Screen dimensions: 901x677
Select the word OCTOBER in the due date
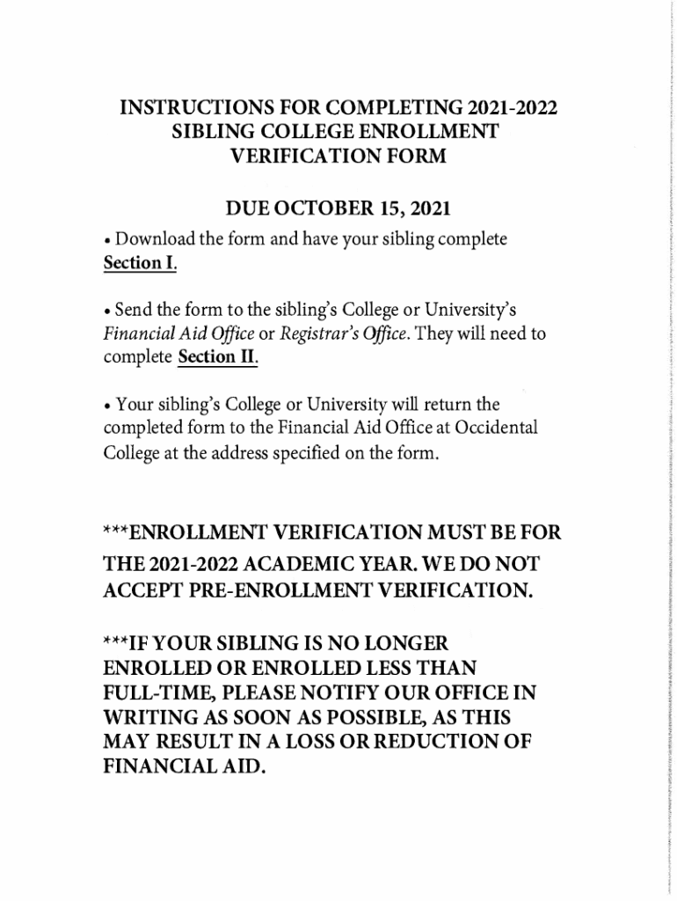324,209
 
